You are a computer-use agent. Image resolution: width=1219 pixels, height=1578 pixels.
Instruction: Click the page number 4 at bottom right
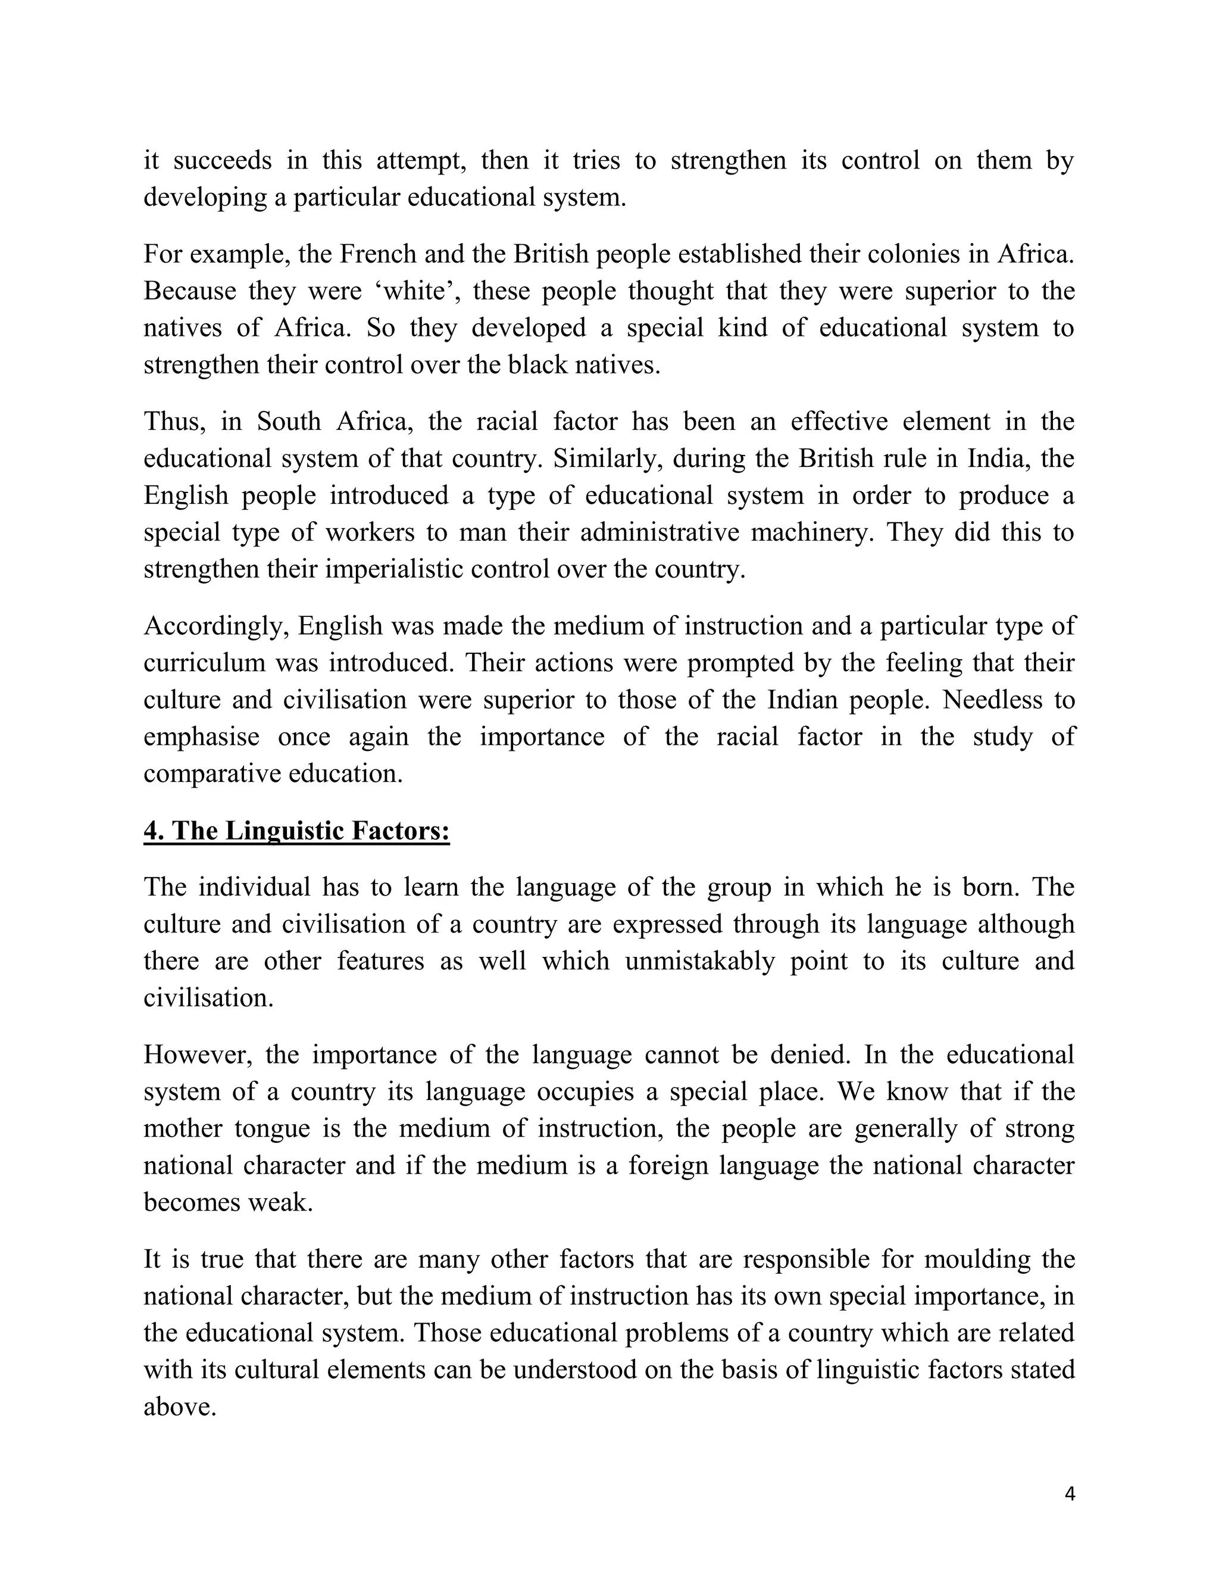click(x=1070, y=1494)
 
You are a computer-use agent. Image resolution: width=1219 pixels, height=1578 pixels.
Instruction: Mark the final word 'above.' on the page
click(x=180, y=1407)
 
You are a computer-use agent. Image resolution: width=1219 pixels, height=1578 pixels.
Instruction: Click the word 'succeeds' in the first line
click(x=223, y=160)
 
